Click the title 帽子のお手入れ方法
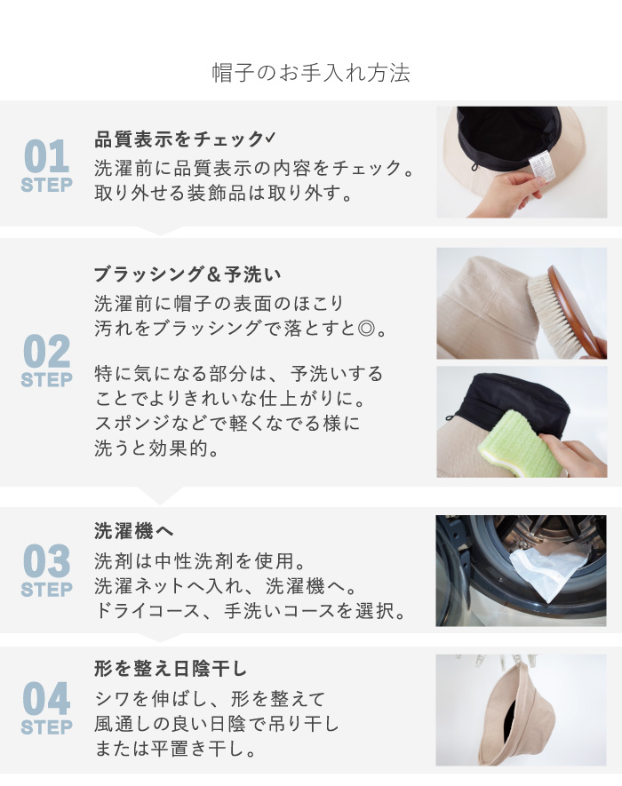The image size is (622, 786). [x=311, y=73]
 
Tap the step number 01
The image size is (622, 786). [x=46, y=156]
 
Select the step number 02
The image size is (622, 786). [x=46, y=352]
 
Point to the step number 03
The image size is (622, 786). [x=46, y=561]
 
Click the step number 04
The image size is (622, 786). [x=46, y=699]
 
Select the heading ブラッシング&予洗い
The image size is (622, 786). [x=187, y=274]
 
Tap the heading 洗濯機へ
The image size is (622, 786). [x=134, y=531]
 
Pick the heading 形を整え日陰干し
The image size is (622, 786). [x=171, y=669]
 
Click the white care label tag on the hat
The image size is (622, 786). [x=542, y=168]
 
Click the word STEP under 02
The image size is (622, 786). [x=46, y=380]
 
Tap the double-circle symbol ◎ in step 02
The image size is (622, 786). [x=367, y=329]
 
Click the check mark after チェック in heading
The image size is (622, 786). [x=270, y=138]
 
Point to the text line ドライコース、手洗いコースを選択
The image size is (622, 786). [x=250, y=611]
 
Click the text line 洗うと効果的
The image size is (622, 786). [x=156, y=449]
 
